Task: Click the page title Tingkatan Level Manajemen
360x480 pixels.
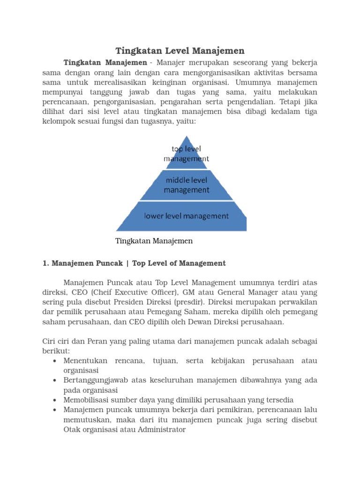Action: click(180, 51)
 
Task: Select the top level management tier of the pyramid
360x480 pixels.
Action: click(186, 153)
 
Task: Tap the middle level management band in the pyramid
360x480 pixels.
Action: click(187, 185)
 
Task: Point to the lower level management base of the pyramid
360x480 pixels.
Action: click(186, 216)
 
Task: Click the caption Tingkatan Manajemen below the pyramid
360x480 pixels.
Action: click(154, 241)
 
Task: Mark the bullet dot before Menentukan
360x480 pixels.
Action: click(56, 361)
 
